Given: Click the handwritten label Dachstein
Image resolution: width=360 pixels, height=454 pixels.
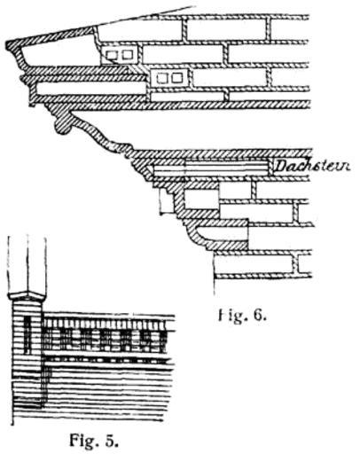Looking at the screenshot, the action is pyautogui.click(x=312, y=166).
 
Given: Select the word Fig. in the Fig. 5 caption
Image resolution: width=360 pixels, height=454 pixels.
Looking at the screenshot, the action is pyautogui.click(x=84, y=441).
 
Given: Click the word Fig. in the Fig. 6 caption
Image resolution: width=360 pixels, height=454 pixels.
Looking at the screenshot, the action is pyautogui.click(x=233, y=317).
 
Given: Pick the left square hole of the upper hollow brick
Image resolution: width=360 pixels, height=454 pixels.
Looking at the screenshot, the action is pyautogui.click(x=112, y=55).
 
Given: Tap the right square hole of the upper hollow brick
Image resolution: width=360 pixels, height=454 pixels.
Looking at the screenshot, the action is pyautogui.click(x=128, y=54).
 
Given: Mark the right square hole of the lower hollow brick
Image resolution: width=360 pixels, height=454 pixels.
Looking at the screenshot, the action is pyautogui.click(x=177, y=77).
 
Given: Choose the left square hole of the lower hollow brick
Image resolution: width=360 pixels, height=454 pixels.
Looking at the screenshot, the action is pyautogui.click(x=161, y=78).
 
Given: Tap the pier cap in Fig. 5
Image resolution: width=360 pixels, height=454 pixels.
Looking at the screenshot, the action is pyautogui.click(x=27, y=296).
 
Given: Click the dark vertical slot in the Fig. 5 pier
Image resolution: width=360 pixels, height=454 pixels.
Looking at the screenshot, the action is pyautogui.click(x=27, y=335).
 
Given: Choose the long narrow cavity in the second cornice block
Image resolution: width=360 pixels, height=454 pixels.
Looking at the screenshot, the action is pyautogui.click(x=90, y=89).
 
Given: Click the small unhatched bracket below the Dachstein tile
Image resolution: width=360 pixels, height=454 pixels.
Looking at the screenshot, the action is pyautogui.click(x=166, y=202).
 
